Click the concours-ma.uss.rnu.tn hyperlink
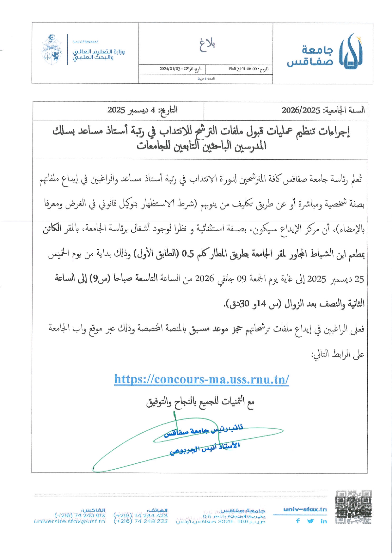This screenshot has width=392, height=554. (x=201, y=379)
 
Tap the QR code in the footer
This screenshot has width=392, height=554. (x=353, y=507)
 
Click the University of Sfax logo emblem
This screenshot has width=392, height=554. (x=351, y=51)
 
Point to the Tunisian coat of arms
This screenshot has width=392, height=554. (x=52, y=50)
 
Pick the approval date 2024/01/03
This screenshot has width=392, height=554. (x=170, y=69)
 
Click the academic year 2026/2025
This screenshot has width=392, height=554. (x=301, y=110)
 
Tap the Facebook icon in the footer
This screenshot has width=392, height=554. (x=298, y=521)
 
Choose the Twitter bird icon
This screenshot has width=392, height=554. (x=310, y=521)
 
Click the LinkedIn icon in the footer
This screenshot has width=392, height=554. (x=323, y=521)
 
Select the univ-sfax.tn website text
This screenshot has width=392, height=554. (x=305, y=509)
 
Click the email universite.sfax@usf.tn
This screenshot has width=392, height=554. (x=69, y=521)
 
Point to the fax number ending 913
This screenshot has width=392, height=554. (x=80, y=515)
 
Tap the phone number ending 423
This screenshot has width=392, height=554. (x=140, y=515)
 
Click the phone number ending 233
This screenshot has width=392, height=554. (x=140, y=521)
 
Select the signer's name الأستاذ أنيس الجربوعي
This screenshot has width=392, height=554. (x=205, y=448)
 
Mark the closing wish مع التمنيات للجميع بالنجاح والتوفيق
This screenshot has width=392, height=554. (x=200, y=402)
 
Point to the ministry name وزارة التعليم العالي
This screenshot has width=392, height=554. (x=98, y=52)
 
